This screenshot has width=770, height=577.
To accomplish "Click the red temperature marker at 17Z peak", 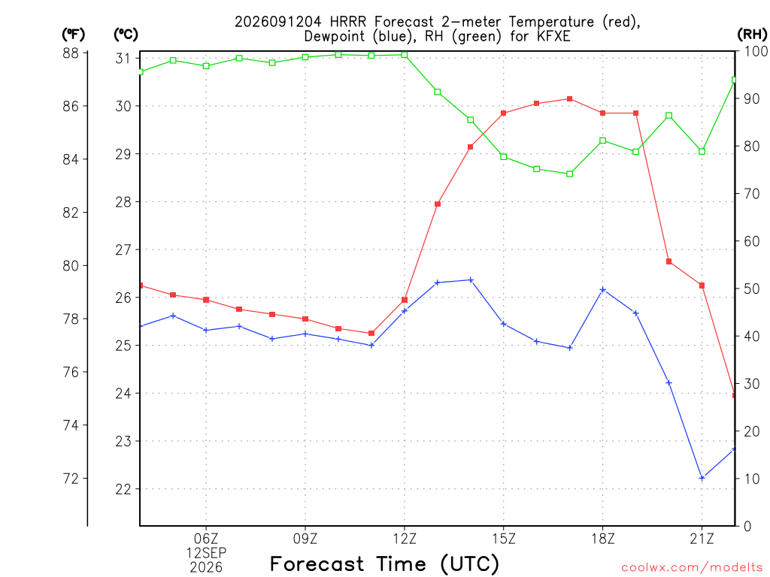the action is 570,99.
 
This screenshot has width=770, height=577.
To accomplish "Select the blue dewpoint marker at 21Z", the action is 702,478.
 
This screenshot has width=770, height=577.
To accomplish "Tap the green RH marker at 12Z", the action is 405,55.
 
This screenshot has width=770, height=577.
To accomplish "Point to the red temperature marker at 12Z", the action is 405,300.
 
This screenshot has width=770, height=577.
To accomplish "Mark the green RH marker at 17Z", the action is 570,174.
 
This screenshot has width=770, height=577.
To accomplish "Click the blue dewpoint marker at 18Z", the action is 603,290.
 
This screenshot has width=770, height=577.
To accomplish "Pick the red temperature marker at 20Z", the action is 668,261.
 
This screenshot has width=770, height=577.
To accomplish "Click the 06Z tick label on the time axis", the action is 206,539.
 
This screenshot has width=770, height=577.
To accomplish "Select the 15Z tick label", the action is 504,539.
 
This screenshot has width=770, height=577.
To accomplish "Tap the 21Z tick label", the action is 702,539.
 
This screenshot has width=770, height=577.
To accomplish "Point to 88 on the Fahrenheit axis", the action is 71,53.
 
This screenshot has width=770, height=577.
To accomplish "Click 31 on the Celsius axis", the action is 123,59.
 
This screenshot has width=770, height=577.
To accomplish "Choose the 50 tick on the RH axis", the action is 751,288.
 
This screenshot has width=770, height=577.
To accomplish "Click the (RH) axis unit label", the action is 752,35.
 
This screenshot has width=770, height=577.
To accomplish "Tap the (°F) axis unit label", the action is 73,35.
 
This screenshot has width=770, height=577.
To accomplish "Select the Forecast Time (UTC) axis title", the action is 384,564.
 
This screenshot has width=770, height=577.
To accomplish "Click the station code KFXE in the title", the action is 553,36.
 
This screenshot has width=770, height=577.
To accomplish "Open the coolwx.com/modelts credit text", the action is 692,568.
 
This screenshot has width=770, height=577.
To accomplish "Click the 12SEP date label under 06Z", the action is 206,553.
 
